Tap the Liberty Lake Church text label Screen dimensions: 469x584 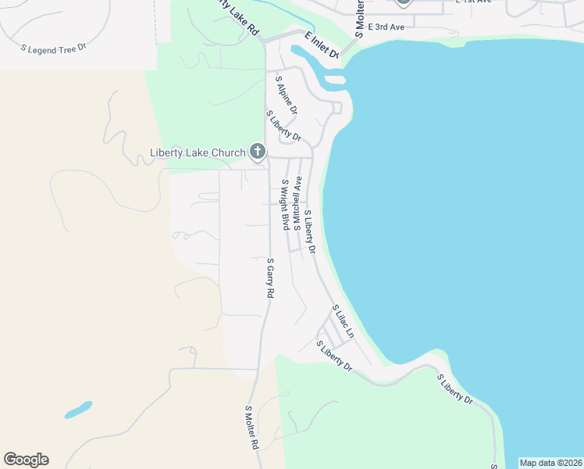pyautogui.click(x=198, y=152)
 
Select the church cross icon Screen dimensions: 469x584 pyautogui.click(x=258, y=152)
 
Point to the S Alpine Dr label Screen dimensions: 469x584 pyautogui.click(x=286, y=95)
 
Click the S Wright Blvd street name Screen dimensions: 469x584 pyautogui.click(x=286, y=205)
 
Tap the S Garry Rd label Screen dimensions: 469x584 pyautogui.click(x=270, y=277)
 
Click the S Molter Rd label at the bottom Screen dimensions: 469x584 pyautogui.click(x=251, y=427)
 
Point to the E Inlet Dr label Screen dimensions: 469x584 pyautogui.click(x=321, y=45)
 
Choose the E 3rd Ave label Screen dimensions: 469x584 pyautogui.click(x=386, y=27)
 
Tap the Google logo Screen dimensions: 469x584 pyautogui.click(x=26, y=460)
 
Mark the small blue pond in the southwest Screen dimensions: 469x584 pyautogui.click(x=78, y=410)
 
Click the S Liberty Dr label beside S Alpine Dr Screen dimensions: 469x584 pyautogui.click(x=285, y=128)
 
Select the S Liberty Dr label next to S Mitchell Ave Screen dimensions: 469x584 pyautogui.click(x=309, y=231)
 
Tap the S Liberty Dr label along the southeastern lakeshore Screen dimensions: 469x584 pyautogui.click(x=454, y=388)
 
